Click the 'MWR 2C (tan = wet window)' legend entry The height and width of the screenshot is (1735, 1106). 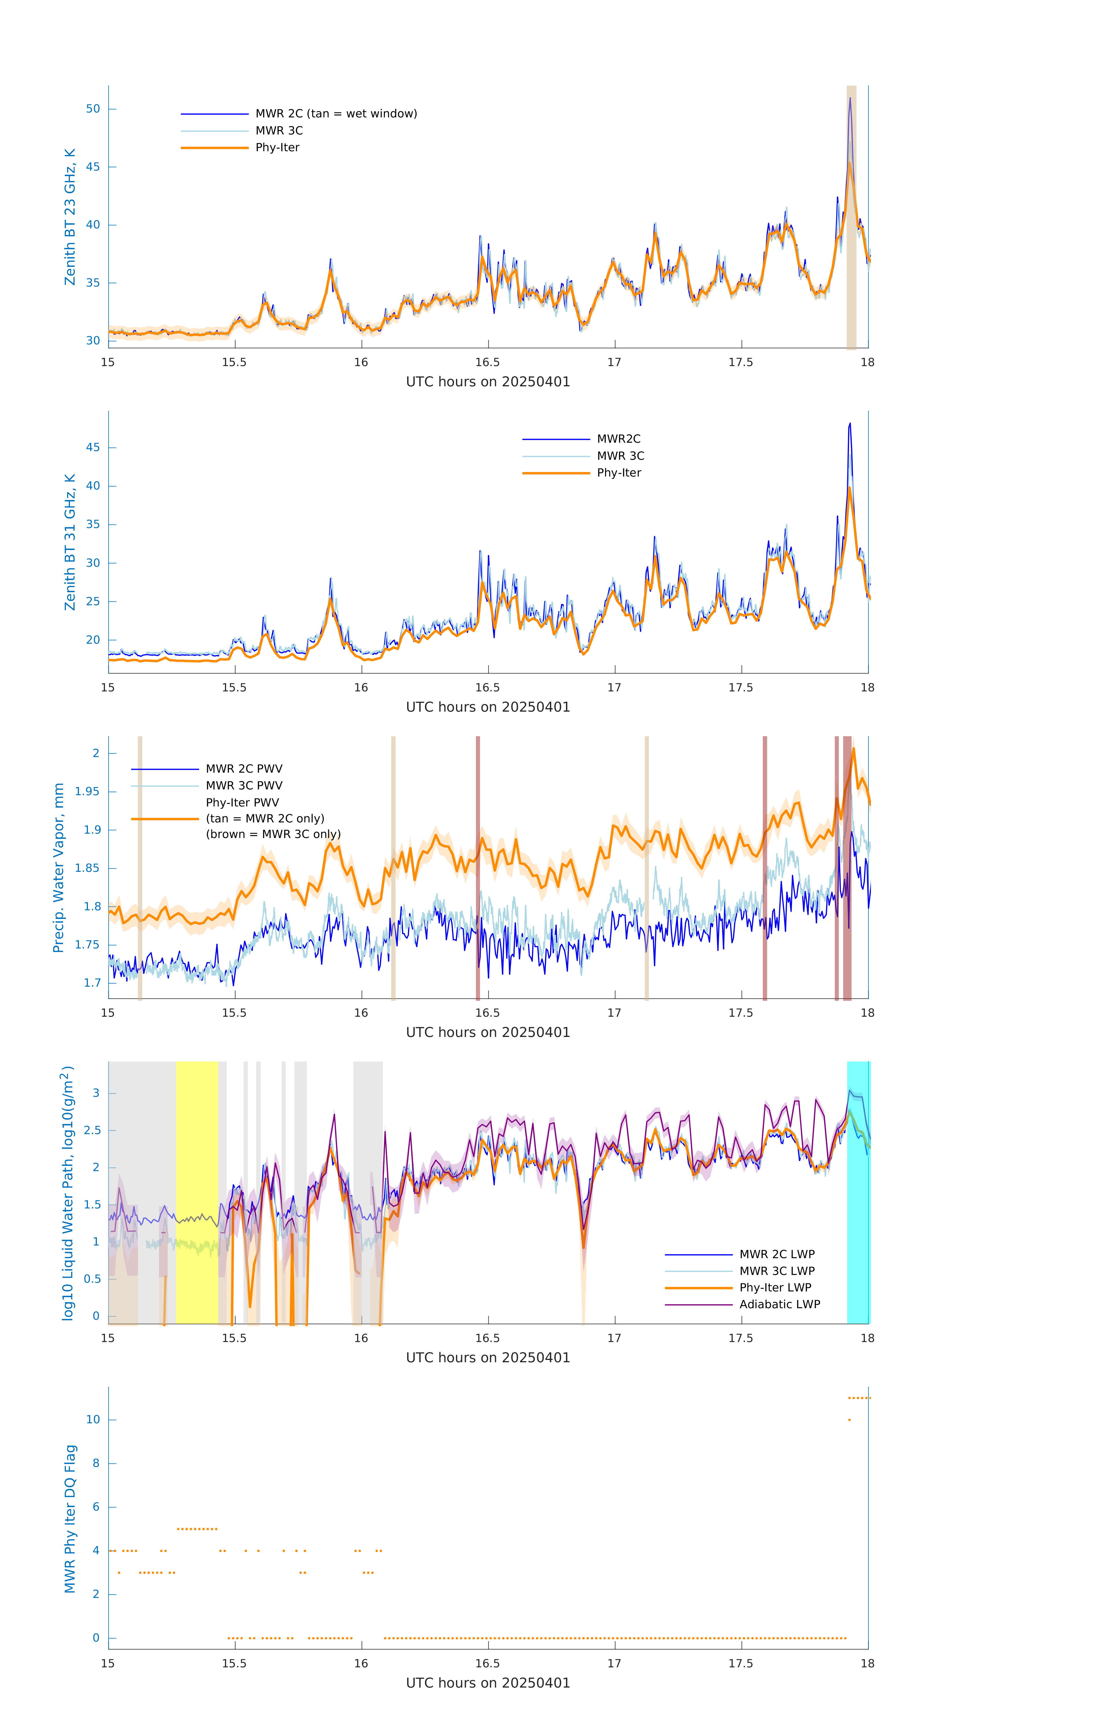point(336,114)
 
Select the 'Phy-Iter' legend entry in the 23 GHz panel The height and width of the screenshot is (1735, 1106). point(277,148)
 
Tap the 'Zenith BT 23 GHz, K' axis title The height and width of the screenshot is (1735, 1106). point(70,217)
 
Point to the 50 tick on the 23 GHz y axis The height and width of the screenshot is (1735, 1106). point(93,109)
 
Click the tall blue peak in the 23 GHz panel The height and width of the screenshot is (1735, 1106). point(850,101)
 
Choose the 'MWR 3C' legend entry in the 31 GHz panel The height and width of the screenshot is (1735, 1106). point(620,456)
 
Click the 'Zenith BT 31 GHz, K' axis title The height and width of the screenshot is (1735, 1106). point(70,542)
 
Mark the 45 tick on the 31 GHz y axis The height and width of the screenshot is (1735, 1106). point(93,447)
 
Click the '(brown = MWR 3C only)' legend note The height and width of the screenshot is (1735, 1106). point(273,834)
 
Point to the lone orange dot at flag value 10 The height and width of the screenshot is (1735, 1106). point(850,1420)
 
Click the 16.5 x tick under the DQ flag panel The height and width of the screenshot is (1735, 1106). point(488,1664)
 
